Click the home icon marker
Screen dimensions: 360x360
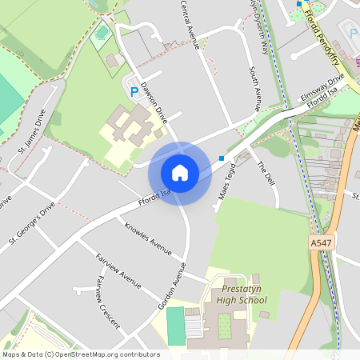[180, 173]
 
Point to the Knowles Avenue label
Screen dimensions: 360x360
[148, 238]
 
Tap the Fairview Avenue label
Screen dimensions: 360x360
[118, 271]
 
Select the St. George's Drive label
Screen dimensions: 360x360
[32, 222]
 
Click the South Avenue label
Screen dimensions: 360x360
[254, 88]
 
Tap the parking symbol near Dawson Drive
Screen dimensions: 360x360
[134, 92]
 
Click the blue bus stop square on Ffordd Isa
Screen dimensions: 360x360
[222, 157]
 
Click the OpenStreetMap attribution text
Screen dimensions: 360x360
[81, 354]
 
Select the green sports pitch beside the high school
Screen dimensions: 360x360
[174, 326]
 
